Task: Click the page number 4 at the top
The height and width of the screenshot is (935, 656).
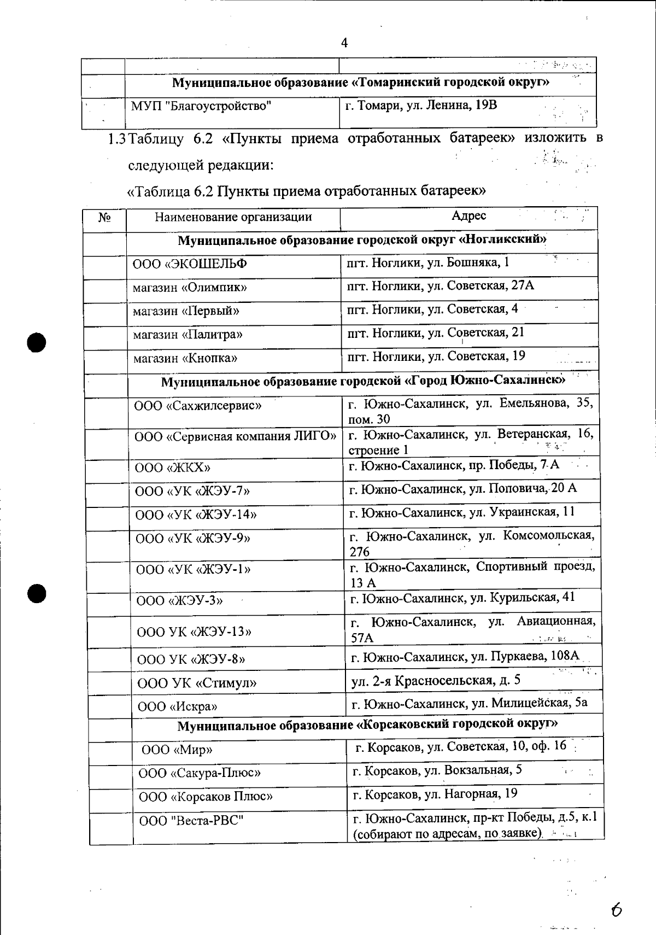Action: coord(344,43)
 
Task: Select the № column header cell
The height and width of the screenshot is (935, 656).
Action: coord(104,218)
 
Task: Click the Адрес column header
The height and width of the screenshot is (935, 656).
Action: coord(468,216)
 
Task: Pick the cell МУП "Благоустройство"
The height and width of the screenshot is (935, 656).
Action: coord(201,106)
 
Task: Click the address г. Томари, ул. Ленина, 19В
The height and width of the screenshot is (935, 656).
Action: coord(421,105)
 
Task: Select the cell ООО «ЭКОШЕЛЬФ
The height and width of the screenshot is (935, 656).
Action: coord(190,264)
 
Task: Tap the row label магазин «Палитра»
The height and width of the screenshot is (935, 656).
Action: coord(188,334)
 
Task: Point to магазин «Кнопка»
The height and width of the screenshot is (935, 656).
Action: coord(185,358)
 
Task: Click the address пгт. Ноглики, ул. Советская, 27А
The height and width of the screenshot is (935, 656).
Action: coord(441,285)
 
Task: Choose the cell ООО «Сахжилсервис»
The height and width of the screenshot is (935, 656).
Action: coord(197,406)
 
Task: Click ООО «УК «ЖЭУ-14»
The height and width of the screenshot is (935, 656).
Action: coord(196,515)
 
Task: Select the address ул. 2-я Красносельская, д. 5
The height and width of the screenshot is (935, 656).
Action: coord(436,680)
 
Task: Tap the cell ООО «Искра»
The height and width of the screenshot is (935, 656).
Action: coord(177,706)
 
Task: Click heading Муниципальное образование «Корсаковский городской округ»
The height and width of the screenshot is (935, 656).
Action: coord(367,725)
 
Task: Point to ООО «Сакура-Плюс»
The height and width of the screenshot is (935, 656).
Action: coord(200,773)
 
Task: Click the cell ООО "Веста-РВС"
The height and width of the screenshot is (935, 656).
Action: coord(191,821)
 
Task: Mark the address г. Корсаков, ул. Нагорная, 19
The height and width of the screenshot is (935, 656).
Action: coord(435,794)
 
